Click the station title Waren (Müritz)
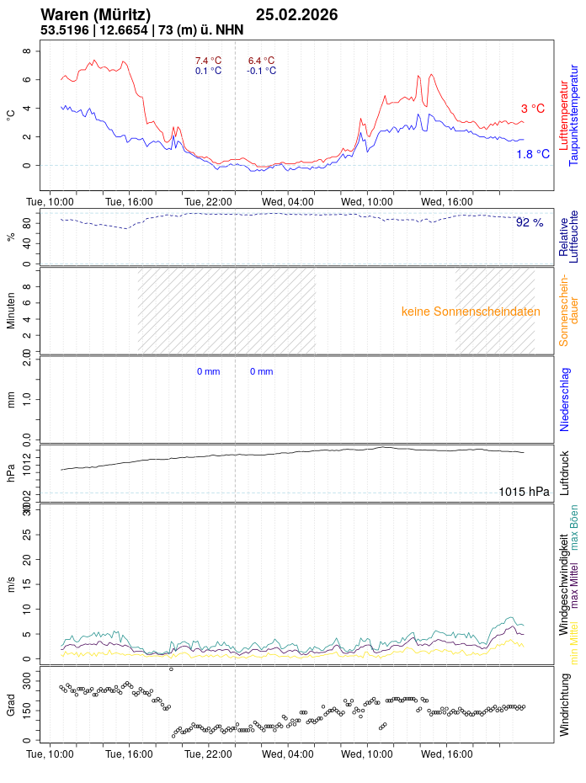95,15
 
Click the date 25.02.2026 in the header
296,15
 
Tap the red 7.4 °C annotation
208,61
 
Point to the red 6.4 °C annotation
261,61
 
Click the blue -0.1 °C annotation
261,71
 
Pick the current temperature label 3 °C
532,109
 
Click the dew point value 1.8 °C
532,154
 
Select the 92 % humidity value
530,222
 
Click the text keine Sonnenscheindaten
471,312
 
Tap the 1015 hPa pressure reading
524,492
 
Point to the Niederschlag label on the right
564,400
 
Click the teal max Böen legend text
574,527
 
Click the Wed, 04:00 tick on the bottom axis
288,754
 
